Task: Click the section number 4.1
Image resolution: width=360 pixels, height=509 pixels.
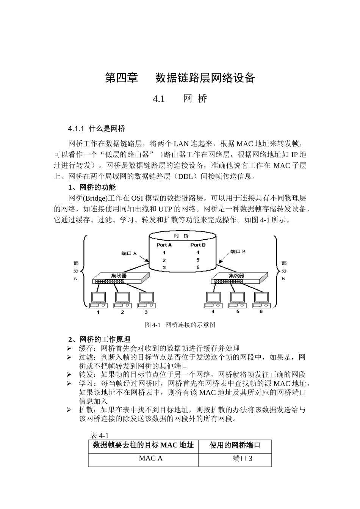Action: click(x=159, y=99)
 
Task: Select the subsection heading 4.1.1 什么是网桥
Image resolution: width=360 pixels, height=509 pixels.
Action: click(x=96, y=129)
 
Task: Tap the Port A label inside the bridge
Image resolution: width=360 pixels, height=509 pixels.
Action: click(x=164, y=245)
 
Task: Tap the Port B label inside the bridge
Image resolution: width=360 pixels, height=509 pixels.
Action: click(x=198, y=245)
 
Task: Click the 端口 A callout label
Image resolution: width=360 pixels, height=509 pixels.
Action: click(x=129, y=253)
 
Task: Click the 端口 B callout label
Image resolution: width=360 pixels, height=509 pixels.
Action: click(x=238, y=251)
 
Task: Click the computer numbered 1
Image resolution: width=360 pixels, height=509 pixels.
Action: click(x=98, y=299)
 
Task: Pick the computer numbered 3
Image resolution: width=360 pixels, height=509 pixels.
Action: click(x=146, y=299)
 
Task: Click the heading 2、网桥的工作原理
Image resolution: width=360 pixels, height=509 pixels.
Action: click(x=99, y=339)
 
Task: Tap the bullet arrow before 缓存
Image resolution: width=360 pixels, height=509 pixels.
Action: click(x=69, y=348)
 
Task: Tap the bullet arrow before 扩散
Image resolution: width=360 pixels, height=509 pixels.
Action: click(x=69, y=410)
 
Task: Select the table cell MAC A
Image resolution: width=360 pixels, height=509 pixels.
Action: click(x=150, y=458)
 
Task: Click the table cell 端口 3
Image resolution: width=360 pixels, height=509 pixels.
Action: click(x=243, y=458)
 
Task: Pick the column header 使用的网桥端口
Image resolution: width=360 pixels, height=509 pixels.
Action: click(x=235, y=445)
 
